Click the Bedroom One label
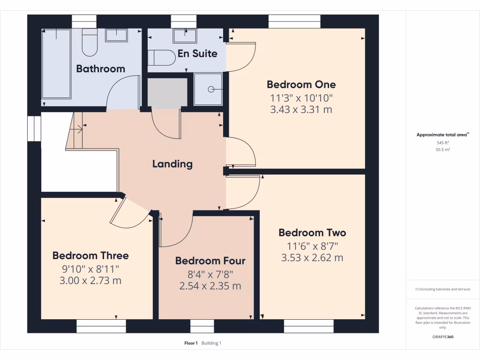(301, 84)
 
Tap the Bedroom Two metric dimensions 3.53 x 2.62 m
(312, 258)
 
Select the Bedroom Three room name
(90, 255)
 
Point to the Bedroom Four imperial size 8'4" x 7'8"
(210, 274)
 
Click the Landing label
(172, 164)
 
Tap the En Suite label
(197, 53)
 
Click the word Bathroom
(100, 68)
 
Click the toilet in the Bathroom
(89, 43)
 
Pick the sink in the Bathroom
(116, 35)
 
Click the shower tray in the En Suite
(208, 89)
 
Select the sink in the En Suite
(184, 35)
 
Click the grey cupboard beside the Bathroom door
(167, 93)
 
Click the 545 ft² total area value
(443, 142)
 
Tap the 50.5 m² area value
(443, 150)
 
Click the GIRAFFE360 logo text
(443, 337)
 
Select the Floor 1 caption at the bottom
(191, 343)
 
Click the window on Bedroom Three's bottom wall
(101, 326)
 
